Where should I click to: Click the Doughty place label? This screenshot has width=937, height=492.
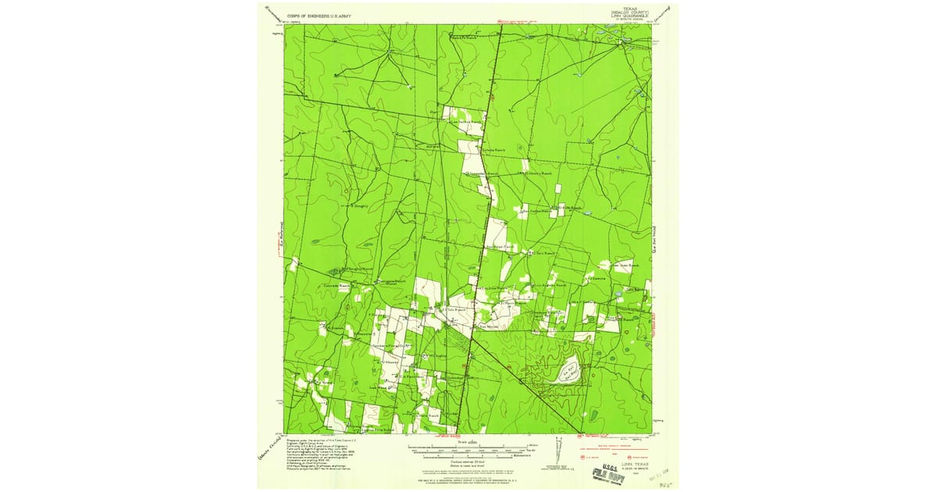(x=359, y=205)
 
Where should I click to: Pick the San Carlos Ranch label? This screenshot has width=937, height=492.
(x=536, y=211)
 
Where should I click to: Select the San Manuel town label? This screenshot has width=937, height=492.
(x=488, y=326)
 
